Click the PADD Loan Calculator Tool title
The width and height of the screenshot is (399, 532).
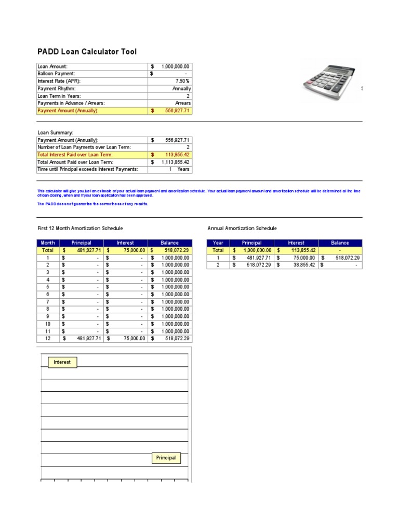tap(87, 51)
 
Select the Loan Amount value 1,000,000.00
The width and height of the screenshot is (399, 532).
tap(176, 66)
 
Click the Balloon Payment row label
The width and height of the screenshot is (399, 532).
tap(56, 74)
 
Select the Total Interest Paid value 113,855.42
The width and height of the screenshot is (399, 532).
tap(176, 155)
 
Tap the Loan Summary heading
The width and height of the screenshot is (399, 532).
tap(52, 132)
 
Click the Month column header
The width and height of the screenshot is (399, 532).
tap(48, 243)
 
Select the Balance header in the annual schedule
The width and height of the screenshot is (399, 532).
tap(340, 243)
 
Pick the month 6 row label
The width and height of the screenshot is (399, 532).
tap(48, 294)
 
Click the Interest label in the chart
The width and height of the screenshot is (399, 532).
tap(62, 362)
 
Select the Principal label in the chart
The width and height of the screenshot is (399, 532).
tap(166, 458)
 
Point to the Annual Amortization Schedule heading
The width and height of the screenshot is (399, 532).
tap(242, 228)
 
